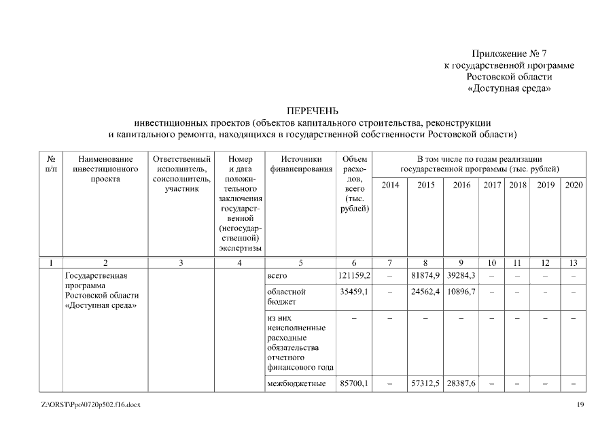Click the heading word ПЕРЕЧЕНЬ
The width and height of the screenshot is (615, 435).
(x=313, y=111)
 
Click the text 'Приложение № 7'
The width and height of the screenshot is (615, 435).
(x=509, y=54)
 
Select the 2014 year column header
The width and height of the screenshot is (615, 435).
(x=390, y=185)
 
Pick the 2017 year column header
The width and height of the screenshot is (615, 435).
(x=492, y=185)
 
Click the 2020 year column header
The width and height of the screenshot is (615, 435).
(x=574, y=185)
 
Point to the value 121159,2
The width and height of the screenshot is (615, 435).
(x=353, y=277)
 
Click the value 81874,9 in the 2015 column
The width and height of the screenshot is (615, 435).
(x=425, y=277)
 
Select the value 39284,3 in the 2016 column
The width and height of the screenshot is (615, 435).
(x=461, y=277)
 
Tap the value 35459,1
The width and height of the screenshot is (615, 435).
(x=353, y=292)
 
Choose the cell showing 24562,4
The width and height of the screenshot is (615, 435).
(x=425, y=292)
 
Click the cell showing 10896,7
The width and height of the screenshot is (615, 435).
(x=461, y=292)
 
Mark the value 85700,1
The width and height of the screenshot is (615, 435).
(x=353, y=384)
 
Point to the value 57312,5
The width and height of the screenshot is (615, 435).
(x=425, y=384)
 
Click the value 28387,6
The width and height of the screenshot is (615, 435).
(x=461, y=384)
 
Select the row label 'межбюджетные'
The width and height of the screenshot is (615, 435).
(x=297, y=384)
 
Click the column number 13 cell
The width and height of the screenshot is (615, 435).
(x=574, y=262)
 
